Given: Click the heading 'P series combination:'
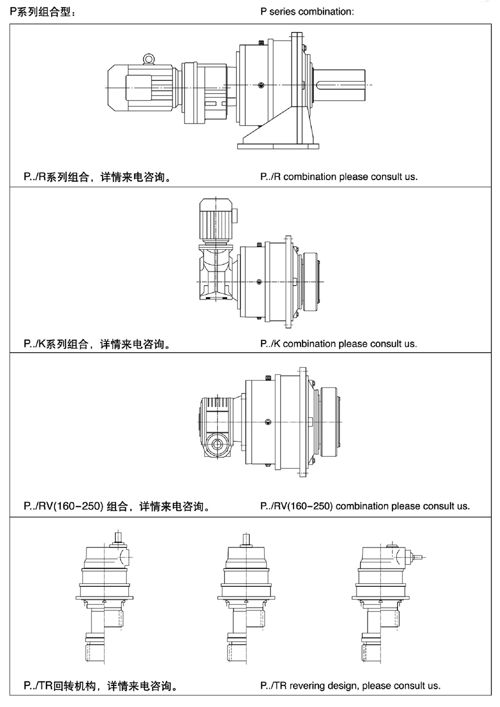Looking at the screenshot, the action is pos(307,12).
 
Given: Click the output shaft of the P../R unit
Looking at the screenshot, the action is pos(339,85).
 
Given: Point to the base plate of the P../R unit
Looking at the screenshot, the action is pos(278,146).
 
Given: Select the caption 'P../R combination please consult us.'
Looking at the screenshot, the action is pos(339,177).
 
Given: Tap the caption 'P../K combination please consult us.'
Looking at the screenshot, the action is pos(338,344).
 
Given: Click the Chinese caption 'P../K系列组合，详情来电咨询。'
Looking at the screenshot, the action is pos(97,344).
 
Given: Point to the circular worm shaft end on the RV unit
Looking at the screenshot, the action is pos(217,444).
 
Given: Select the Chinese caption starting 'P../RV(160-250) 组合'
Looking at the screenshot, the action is pos(116,506).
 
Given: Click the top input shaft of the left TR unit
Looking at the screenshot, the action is pos(118,537).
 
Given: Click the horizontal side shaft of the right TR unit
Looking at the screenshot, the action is pos(418,558).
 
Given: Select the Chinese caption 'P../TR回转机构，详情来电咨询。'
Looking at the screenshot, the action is pos(100,685).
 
